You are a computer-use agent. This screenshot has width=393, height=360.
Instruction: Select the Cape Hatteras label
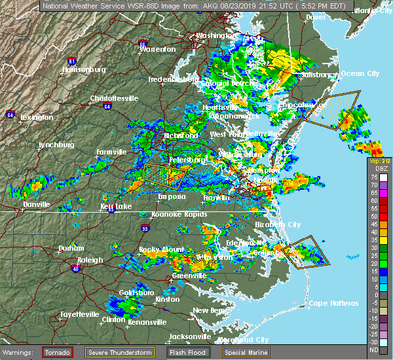[x=334, y=303]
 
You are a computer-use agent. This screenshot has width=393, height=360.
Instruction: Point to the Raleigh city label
[x=90, y=260]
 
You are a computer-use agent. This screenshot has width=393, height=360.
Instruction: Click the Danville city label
[x=36, y=204]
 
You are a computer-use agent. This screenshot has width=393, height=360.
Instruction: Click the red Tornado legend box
[x=58, y=352]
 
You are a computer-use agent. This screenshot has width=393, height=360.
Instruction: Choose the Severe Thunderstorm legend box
[x=119, y=352]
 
